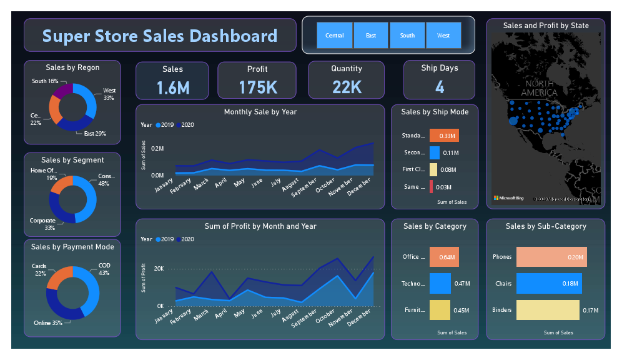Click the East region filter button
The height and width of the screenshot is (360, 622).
(x=371, y=36)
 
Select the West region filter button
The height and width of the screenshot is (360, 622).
(x=443, y=36)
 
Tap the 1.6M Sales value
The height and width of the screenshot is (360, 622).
(x=174, y=87)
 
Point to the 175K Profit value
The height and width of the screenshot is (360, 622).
(x=257, y=87)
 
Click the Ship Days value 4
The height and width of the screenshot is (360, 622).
(x=440, y=87)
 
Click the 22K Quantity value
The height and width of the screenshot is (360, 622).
(x=347, y=87)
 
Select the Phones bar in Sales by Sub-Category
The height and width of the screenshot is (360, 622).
(x=539, y=257)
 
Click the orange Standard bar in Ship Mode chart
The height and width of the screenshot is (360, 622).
(x=444, y=136)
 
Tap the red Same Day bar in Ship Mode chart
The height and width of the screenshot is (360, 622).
(x=431, y=186)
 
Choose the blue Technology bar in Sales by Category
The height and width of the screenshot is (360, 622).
(x=440, y=284)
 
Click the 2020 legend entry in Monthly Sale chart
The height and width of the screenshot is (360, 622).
(x=185, y=125)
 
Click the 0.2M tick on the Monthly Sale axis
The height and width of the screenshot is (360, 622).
(x=157, y=149)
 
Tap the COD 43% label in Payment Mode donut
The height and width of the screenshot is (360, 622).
(x=104, y=269)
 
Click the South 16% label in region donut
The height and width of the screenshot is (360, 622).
(x=45, y=81)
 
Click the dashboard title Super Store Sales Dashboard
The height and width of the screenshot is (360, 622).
(x=160, y=35)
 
